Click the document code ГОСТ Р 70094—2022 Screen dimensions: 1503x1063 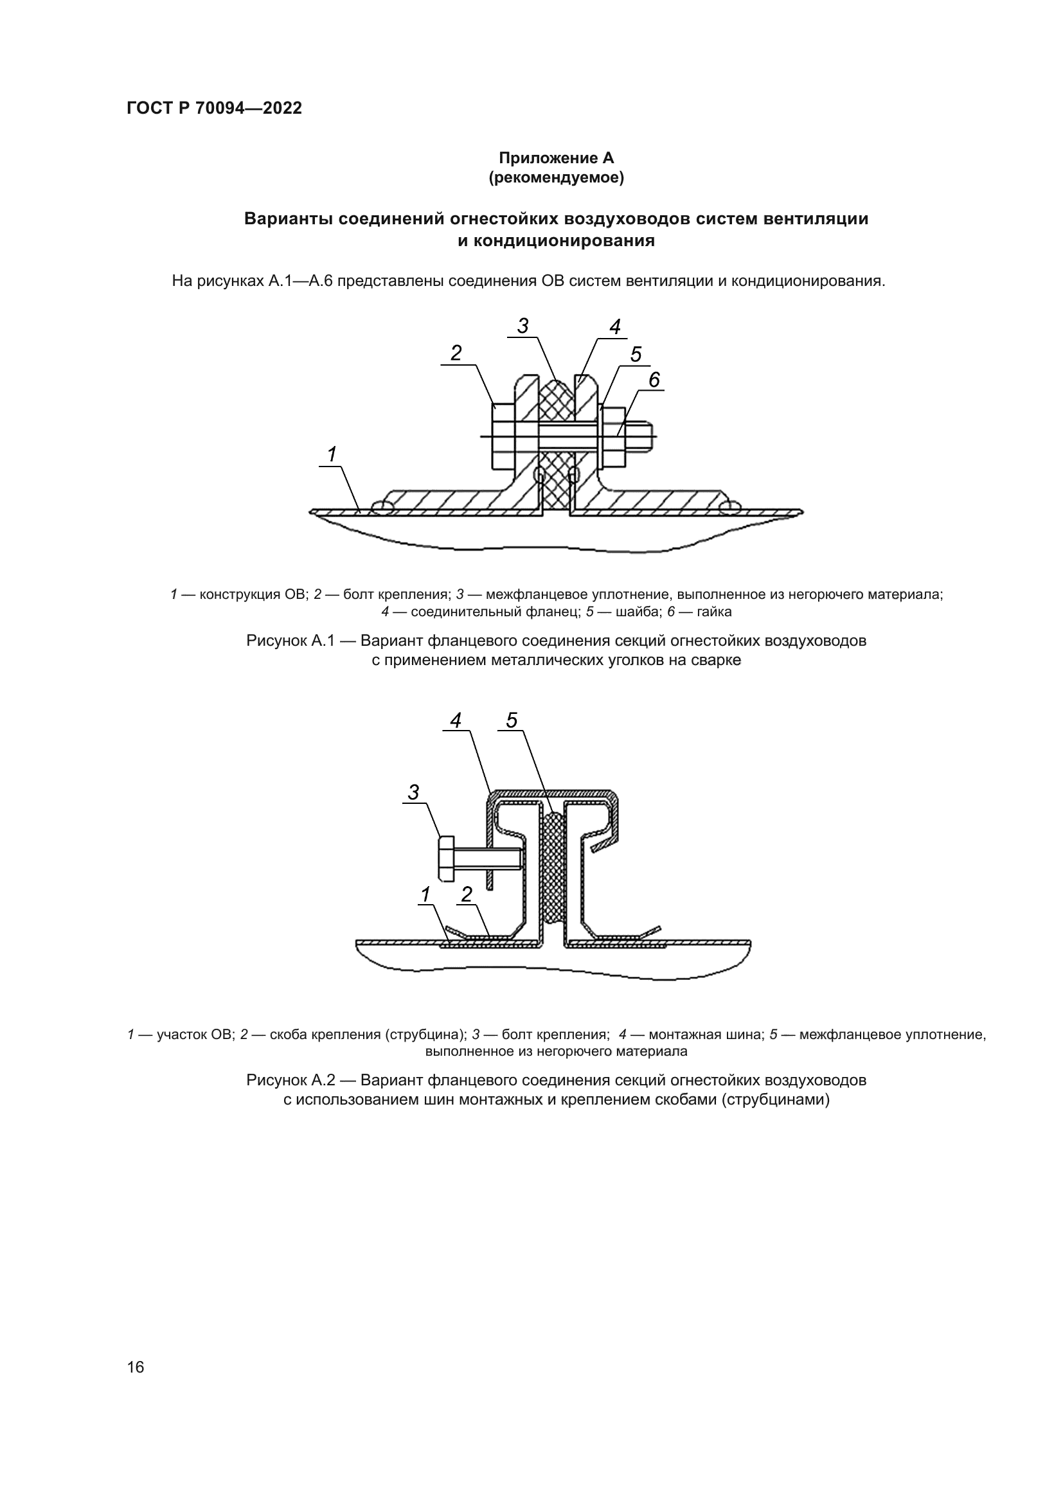[x=214, y=109]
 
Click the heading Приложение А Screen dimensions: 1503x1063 [x=557, y=158]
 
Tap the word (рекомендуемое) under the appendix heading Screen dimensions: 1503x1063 [x=557, y=177]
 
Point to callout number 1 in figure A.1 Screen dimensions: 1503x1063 [x=332, y=454]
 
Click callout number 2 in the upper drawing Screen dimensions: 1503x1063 [x=456, y=353]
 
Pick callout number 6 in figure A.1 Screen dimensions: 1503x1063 [x=654, y=380]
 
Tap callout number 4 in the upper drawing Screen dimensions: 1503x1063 [x=614, y=326]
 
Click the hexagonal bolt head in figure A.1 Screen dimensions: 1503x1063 [x=503, y=436]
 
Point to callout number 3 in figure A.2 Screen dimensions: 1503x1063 [x=413, y=792]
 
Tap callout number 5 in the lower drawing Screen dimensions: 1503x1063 [x=511, y=720]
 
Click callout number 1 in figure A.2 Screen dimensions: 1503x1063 [x=425, y=894]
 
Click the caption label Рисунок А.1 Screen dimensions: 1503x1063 [x=290, y=640]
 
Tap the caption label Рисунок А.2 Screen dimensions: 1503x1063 [x=290, y=1080]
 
